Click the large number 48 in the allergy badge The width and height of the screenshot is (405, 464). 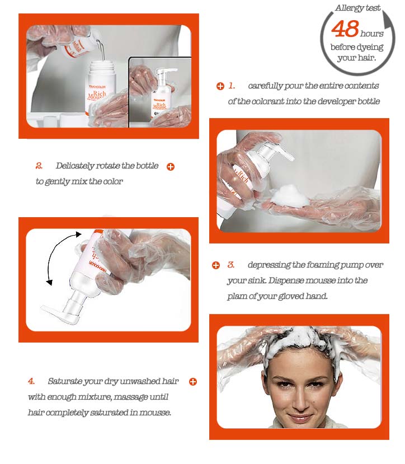345,29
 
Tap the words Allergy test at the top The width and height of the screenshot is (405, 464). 359,8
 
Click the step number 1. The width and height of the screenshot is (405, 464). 232,86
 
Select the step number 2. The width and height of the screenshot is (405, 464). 39,166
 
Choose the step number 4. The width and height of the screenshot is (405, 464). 32,382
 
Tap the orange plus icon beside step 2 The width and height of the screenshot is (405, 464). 171,167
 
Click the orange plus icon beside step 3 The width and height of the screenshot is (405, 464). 216,265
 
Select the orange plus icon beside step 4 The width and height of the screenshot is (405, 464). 193,382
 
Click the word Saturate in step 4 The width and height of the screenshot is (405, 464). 65,382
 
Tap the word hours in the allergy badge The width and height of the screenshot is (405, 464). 372,34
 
